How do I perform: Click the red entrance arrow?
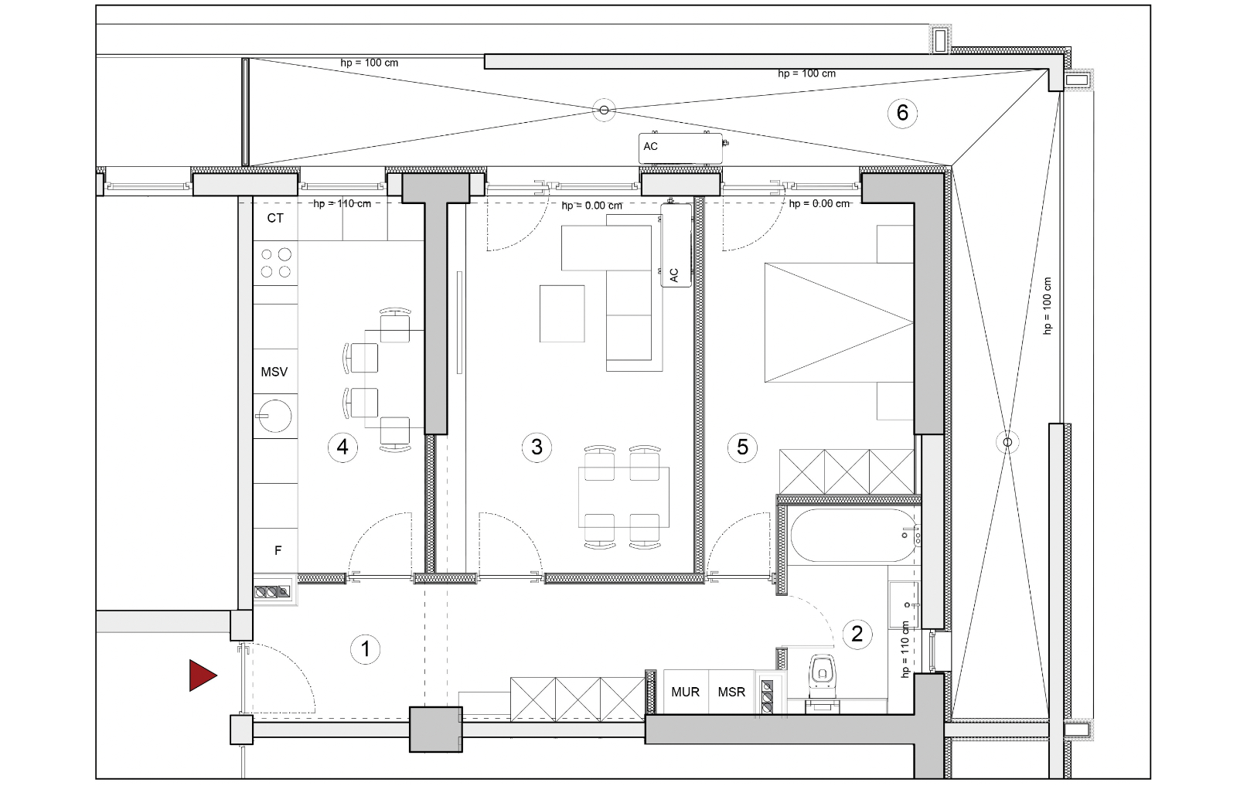(x=202, y=675)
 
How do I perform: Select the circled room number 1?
(x=365, y=649)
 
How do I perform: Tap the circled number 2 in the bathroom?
(x=857, y=634)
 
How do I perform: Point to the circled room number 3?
(x=537, y=447)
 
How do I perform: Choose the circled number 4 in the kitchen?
(x=342, y=447)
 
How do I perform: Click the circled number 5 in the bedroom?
(x=743, y=447)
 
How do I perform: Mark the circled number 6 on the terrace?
(x=902, y=113)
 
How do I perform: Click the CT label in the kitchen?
(x=275, y=218)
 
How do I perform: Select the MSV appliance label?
(x=274, y=372)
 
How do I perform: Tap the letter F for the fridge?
(x=278, y=550)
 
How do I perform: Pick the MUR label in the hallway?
(x=685, y=692)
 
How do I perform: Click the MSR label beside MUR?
(x=731, y=692)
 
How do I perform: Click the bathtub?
(x=853, y=535)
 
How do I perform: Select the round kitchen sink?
(x=275, y=416)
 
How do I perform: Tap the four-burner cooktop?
(x=275, y=263)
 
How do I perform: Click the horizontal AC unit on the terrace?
(x=680, y=148)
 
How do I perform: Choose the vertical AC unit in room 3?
(x=676, y=245)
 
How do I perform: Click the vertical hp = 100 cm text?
(x=1047, y=305)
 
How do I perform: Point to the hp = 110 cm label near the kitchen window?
(x=342, y=204)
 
